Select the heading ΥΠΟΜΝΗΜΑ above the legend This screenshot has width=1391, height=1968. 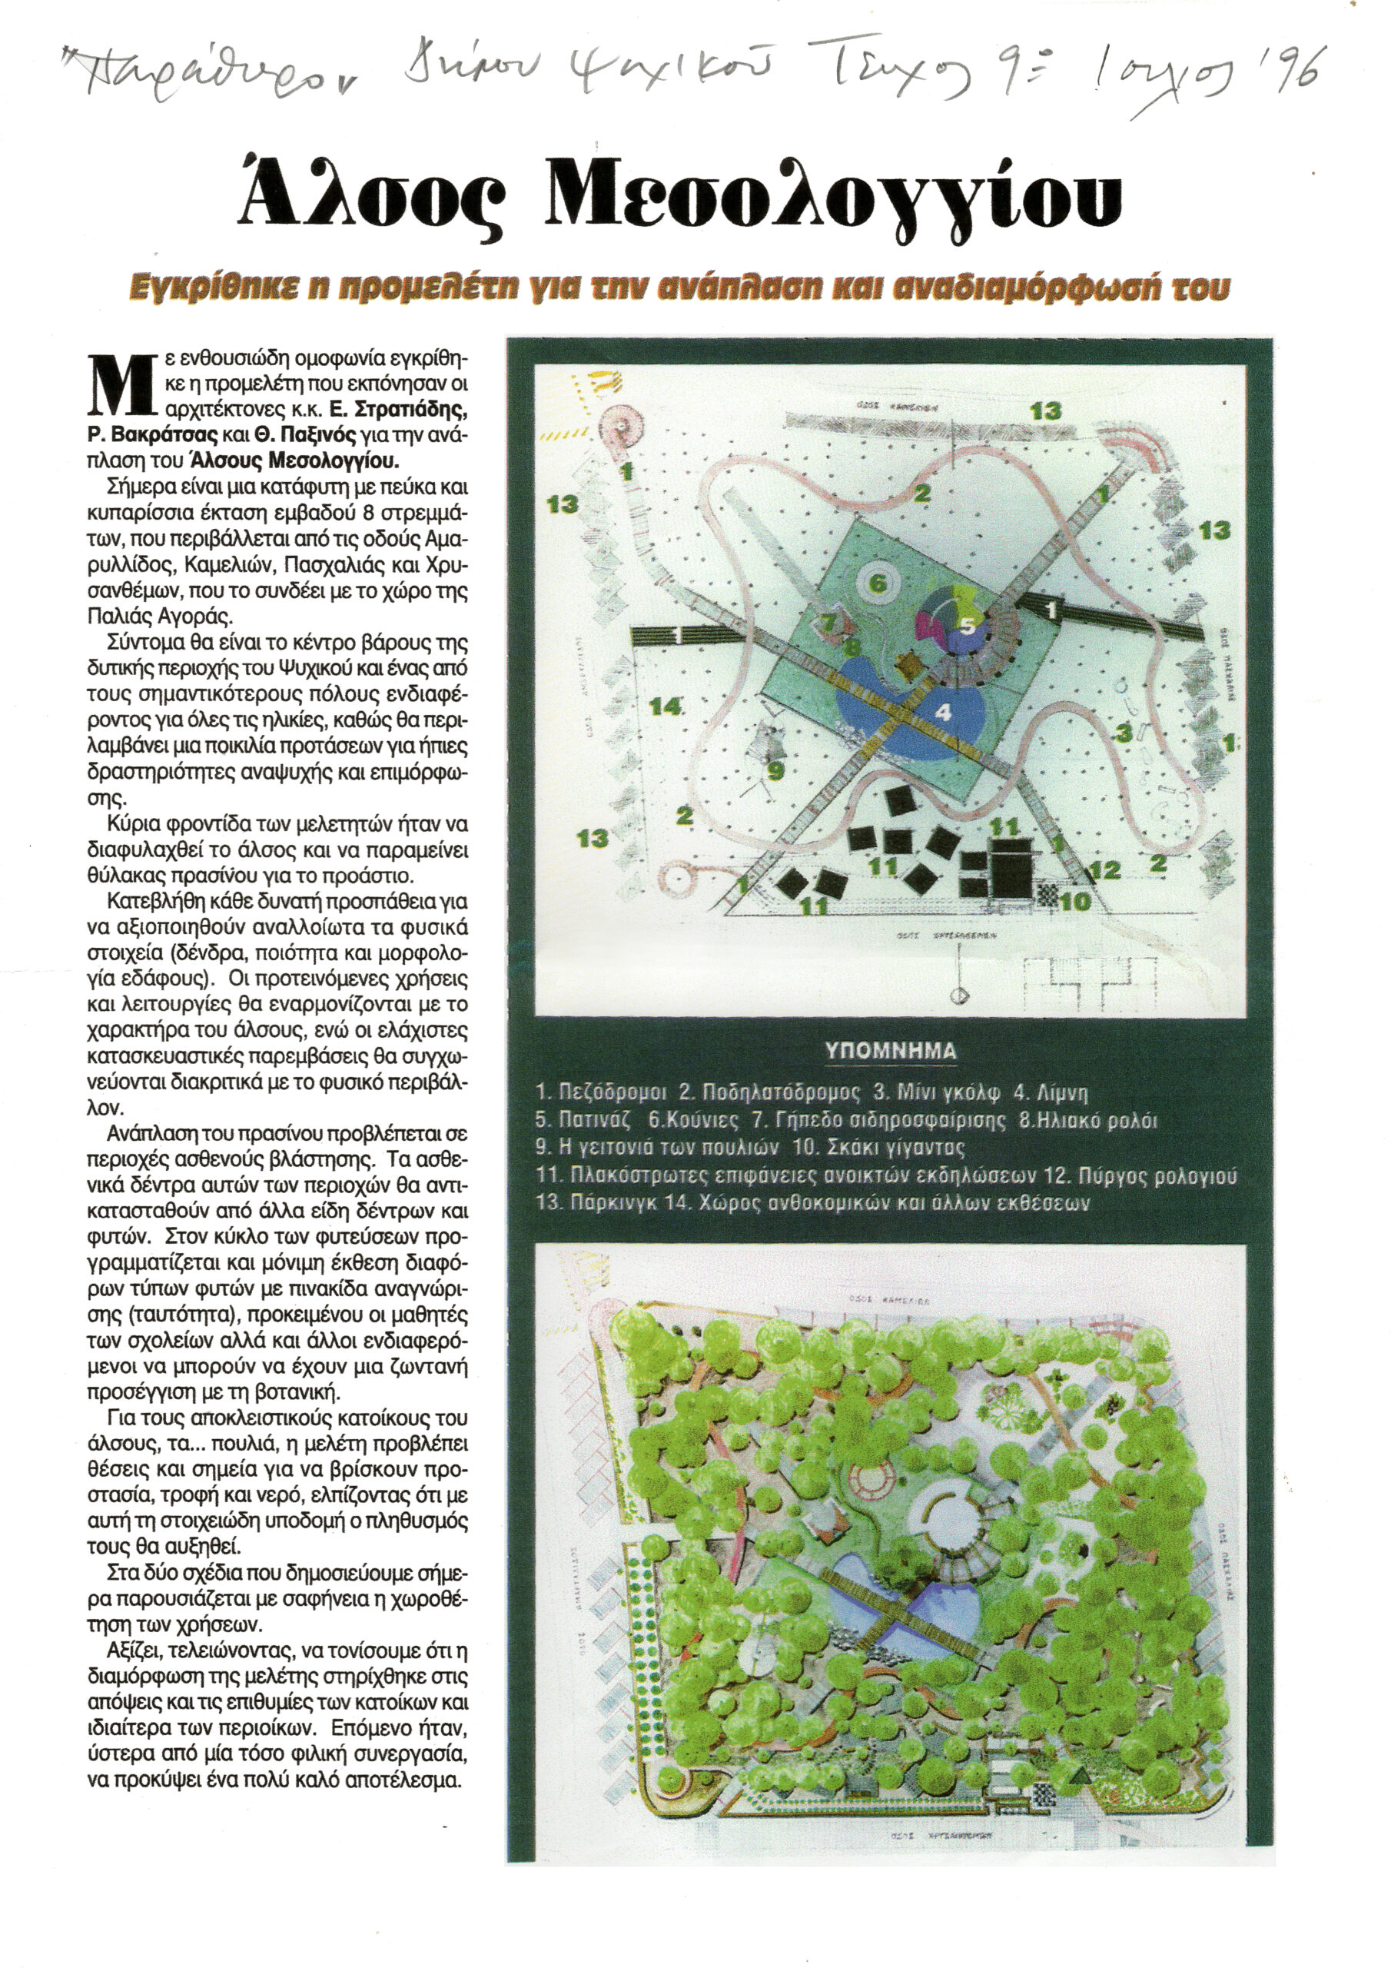(891, 1051)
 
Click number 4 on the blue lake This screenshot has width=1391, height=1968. (943, 711)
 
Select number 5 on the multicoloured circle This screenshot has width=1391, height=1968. (967, 626)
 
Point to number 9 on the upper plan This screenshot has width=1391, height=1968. (774, 770)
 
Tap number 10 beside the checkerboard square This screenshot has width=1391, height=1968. (1073, 901)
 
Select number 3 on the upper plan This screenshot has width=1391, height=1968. (1123, 733)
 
